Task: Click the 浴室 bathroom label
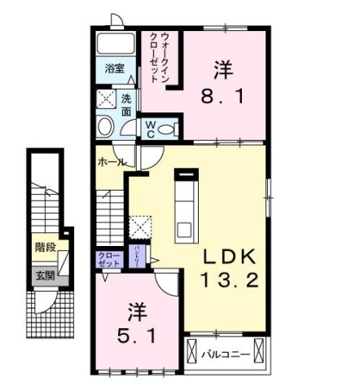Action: coord(115,69)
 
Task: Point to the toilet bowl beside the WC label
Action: coord(168,129)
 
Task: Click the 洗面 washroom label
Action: coord(126,105)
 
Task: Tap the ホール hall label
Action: coord(112,162)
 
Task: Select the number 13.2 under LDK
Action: coord(230,282)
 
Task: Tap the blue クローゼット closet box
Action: coord(109,260)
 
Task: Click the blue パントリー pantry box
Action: coord(138,261)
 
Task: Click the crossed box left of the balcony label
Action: coord(193,352)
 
